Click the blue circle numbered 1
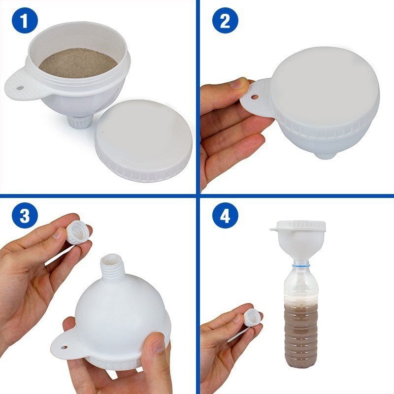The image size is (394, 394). (25, 20)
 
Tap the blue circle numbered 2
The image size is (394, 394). (225, 20)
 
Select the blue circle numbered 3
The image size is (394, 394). (25, 215)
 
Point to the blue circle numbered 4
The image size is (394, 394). (225, 215)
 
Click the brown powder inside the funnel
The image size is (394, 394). (78, 63)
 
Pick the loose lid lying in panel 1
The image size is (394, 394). (143, 141)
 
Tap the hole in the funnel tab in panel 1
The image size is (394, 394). (20, 88)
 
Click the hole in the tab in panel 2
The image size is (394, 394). (255, 97)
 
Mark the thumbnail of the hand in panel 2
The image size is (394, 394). (237, 84)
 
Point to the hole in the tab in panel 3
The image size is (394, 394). (65, 347)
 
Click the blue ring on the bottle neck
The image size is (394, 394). (301, 264)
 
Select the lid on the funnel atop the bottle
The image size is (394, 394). (301, 226)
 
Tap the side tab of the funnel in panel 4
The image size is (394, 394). (275, 230)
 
